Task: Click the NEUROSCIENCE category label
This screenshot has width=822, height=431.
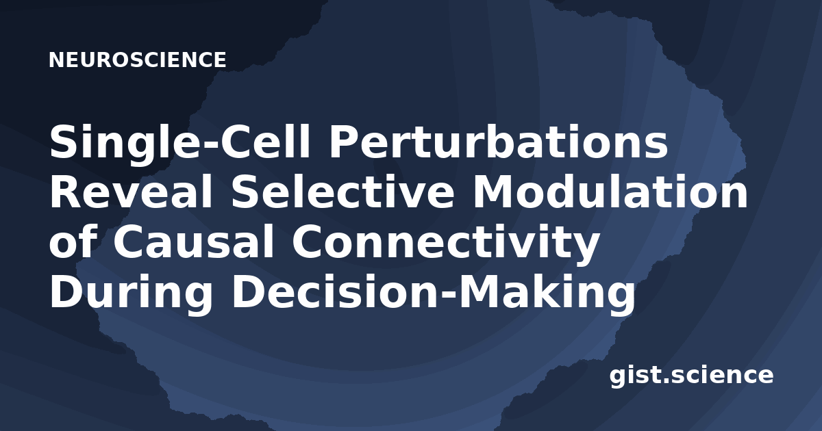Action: click(x=137, y=60)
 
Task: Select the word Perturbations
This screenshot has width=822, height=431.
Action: click(x=499, y=142)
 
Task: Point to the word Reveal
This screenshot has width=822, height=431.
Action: click(x=131, y=192)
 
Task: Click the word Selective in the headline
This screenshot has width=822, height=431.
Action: click(x=342, y=192)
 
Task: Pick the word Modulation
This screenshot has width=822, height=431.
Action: click(x=610, y=192)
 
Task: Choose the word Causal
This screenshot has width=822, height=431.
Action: click(x=194, y=241)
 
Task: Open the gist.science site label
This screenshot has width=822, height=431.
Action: click(x=691, y=376)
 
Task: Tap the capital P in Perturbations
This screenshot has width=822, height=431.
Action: click(x=343, y=142)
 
